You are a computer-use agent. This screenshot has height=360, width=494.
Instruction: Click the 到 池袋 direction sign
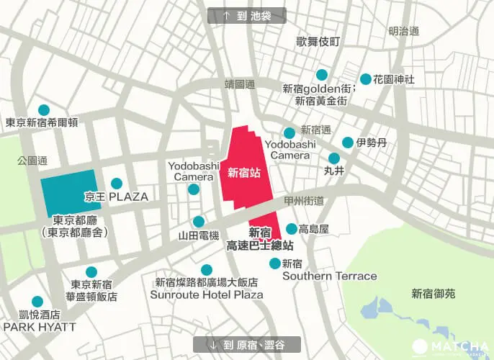(246, 15)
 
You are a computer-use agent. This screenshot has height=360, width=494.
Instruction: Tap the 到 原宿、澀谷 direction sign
(247, 344)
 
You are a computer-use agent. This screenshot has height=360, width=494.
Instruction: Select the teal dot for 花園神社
(366, 79)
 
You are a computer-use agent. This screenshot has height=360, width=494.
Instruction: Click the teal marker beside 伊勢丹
(348, 143)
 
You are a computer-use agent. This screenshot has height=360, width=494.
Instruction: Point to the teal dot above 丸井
(334, 158)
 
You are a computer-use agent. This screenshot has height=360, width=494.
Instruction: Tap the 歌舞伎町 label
(318, 42)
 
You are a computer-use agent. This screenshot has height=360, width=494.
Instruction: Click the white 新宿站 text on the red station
(243, 172)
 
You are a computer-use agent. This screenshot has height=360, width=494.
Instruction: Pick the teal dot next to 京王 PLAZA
(116, 184)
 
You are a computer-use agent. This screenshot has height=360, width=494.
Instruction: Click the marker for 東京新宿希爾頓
(44, 109)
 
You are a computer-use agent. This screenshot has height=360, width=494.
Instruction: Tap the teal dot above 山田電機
(199, 222)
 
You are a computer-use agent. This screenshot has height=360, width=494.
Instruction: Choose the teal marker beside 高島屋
(291, 229)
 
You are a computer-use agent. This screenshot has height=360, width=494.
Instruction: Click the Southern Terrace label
(329, 276)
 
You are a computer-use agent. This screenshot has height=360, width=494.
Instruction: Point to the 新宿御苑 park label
(434, 293)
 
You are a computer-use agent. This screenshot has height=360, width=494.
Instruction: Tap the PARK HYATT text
(39, 326)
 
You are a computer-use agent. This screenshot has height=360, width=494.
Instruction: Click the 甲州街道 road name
(304, 200)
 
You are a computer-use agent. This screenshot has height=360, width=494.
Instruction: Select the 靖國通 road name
(240, 84)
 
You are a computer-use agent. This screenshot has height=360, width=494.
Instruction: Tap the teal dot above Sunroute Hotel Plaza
(207, 270)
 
